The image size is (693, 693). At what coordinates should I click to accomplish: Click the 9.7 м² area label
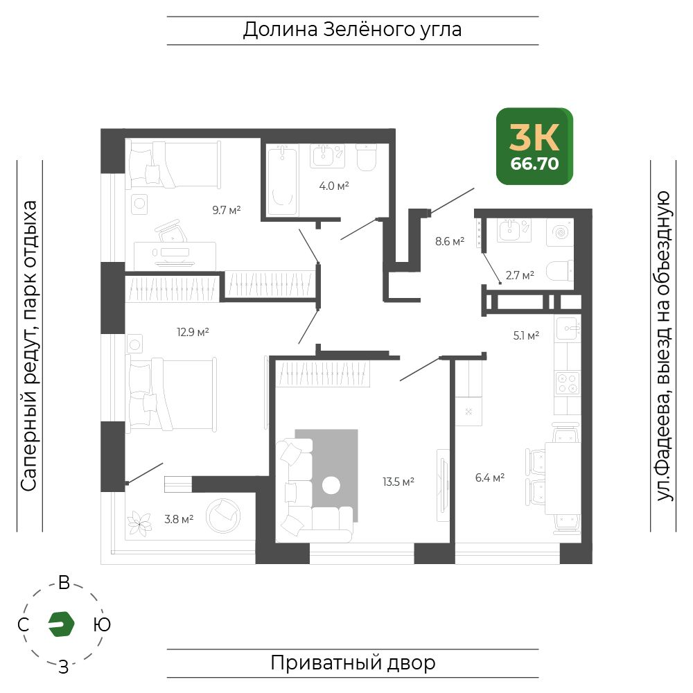point(227,210)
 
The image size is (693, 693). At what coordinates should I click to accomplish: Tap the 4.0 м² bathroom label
point(334,186)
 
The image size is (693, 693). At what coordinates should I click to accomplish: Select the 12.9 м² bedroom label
point(193,332)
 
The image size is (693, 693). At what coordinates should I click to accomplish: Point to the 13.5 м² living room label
point(398,482)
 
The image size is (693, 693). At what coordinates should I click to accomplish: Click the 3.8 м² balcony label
point(179,519)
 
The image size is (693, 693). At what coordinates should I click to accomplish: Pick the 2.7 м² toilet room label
point(520,275)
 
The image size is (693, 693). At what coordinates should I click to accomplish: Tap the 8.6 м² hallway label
point(450,241)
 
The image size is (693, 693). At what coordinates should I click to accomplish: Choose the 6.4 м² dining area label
point(490,477)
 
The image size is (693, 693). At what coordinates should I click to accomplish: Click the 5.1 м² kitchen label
point(526,335)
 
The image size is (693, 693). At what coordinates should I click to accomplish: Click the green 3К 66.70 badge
point(534,146)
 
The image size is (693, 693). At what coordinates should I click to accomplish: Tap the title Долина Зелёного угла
point(352,30)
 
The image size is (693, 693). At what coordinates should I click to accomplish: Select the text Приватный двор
point(353,663)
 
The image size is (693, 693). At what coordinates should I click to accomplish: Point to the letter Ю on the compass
point(102,624)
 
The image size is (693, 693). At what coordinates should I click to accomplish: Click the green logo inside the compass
point(61,624)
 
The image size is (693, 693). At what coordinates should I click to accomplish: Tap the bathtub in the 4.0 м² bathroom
point(282,181)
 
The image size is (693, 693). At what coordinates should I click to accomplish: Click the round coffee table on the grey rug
point(331,485)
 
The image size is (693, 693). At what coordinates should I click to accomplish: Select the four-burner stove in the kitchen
point(568,383)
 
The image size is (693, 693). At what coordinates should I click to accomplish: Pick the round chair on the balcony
point(223,516)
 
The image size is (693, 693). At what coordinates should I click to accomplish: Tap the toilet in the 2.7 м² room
point(560,271)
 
